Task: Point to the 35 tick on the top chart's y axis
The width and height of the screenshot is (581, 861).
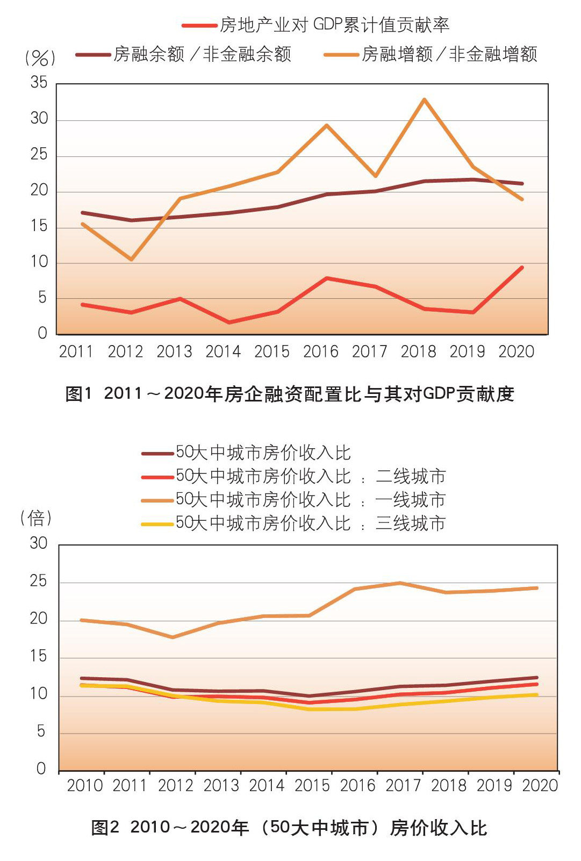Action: click(x=39, y=83)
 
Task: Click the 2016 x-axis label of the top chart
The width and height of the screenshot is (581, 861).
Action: click(x=320, y=351)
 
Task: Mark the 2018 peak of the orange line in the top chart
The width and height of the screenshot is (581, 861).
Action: click(x=424, y=99)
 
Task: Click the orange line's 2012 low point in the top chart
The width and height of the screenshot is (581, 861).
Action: click(x=131, y=260)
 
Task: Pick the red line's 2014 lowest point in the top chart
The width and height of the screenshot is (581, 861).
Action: click(x=229, y=322)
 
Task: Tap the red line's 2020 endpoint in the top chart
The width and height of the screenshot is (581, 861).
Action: click(x=521, y=267)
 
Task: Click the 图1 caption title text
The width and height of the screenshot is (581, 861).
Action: click(x=290, y=394)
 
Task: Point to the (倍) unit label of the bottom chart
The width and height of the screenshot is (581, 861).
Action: click(x=36, y=518)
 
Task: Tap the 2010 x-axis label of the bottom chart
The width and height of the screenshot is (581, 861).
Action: click(x=84, y=785)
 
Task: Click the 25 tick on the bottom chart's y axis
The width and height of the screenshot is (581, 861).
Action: click(x=39, y=582)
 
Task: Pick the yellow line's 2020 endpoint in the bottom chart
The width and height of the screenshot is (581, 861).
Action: click(x=536, y=695)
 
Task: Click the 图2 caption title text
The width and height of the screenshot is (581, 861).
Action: click(x=289, y=827)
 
